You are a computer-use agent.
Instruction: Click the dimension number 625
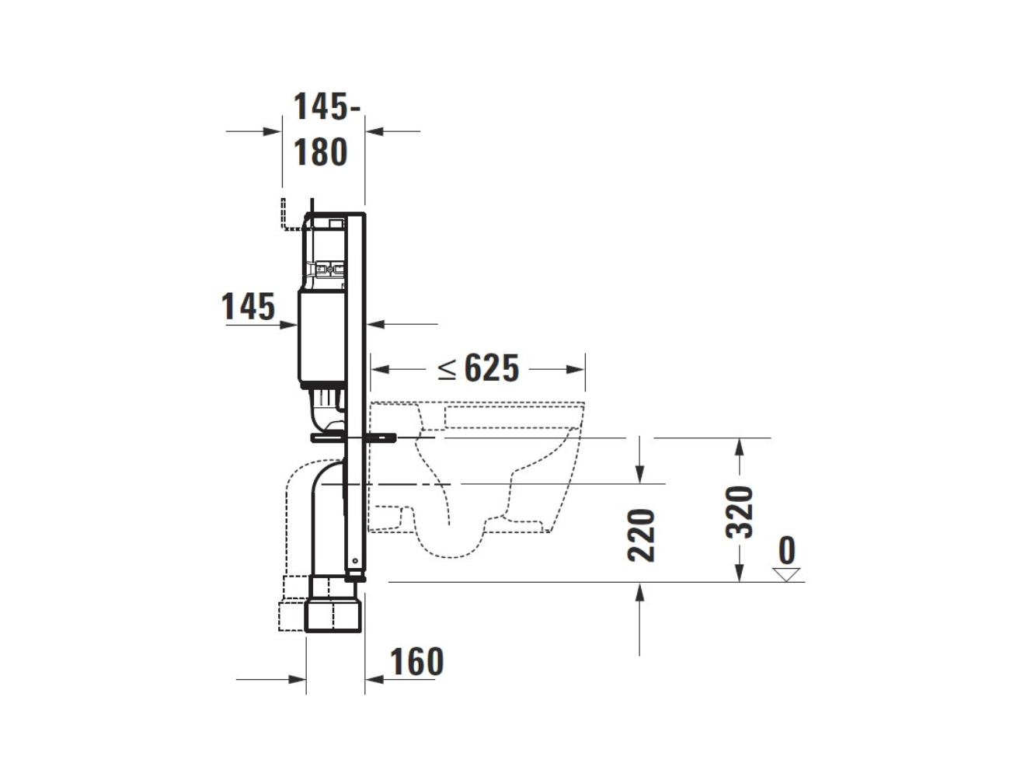pyautogui.click(x=492, y=368)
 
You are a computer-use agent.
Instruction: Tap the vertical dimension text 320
pyautogui.click(x=739, y=512)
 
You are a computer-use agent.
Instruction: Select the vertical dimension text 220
pyautogui.click(x=641, y=535)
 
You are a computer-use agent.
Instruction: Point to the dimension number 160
pyautogui.click(x=417, y=661)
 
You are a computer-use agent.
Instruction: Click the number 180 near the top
pyautogui.click(x=321, y=152)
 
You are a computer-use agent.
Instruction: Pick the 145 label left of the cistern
pyautogui.click(x=248, y=307)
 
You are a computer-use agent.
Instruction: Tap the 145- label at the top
pyautogui.click(x=327, y=106)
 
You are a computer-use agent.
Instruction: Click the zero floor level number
pyautogui.click(x=786, y=550)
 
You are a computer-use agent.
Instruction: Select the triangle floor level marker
pyautogui.click(x=786, y=574)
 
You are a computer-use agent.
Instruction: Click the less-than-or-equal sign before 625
pyautogui.click(x=447, y=369)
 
